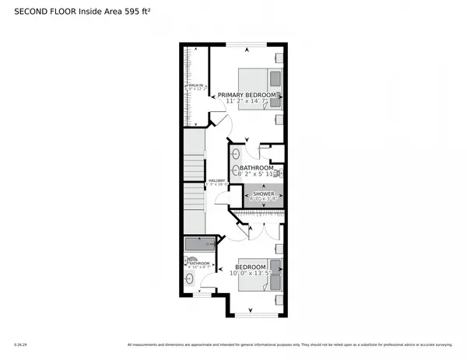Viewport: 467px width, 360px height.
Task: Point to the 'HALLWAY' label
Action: pyautogui.click(x=216, y=180)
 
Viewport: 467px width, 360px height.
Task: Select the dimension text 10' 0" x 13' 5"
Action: pyautogui.click(x=254, y=273)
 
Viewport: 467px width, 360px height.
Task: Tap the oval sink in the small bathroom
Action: pyautogui.click(x=188, y=278)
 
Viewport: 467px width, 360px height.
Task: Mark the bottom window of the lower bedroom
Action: pyautogui.click(x=253, y=314)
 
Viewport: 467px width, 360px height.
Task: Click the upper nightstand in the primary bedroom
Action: pyautogui.click(x=279, y=58)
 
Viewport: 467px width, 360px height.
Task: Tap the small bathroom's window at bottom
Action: pyautogui.click(x=201, y=295)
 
